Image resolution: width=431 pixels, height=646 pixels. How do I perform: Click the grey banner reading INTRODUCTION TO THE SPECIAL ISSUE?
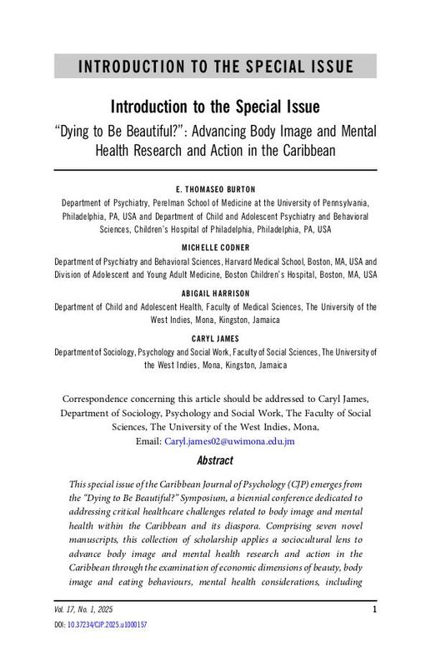point(215,67)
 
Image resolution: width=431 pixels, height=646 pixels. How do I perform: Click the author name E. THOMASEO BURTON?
point(215,189)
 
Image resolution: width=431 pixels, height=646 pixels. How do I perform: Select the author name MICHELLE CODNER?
point(215,247)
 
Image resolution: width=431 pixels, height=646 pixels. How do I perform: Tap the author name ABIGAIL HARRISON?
point(215,294)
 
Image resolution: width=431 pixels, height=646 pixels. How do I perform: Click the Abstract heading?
point(215,460)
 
